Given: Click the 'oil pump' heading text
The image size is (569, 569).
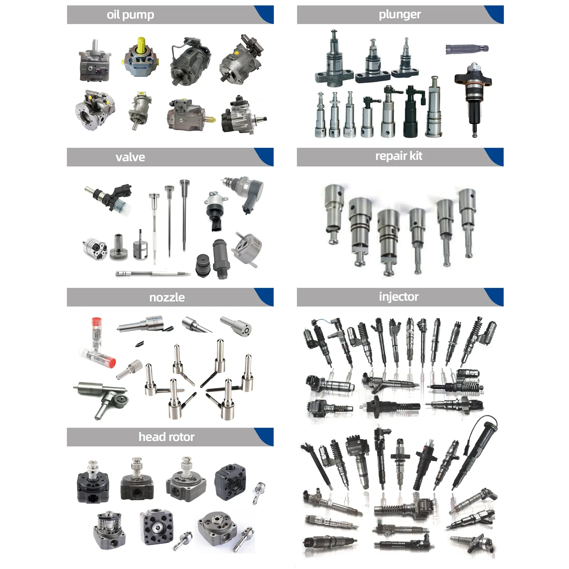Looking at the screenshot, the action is point(130,15).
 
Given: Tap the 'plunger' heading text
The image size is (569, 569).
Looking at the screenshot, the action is point(400,15).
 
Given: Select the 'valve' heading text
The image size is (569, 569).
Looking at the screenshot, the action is point(130,157).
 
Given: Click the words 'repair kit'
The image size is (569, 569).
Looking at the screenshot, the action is point(399,156).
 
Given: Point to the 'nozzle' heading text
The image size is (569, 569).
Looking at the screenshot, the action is point(167,297).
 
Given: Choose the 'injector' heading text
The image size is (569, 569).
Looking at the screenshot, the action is point(399,297).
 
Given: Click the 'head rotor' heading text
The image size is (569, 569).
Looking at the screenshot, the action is point(167,437).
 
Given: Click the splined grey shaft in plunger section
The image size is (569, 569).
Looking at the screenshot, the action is point(467,49).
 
